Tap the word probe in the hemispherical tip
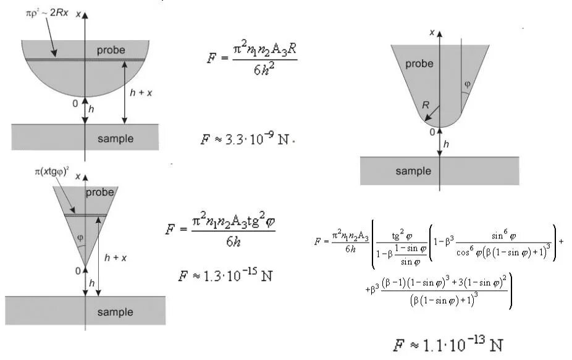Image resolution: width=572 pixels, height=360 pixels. pyautogui.click(x=111, y=49)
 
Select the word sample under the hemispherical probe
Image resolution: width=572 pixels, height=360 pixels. pyautogui.click(x=115, y=138)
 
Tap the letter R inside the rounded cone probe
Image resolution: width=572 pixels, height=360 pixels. pyautogui.click(x=426, y=106)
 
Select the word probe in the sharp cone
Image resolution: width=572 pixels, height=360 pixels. pyautogui.click(x=100, y=192)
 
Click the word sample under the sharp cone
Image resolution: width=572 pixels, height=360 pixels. pyautogui.click(x=115, y=312)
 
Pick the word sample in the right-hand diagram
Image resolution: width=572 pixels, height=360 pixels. pyautogui.click(x=413, y=171)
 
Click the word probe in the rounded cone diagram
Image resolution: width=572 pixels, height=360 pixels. pyautogui.click(x=419, y=64)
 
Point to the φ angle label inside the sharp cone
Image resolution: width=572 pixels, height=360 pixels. pyautogui.click(x=79, y=238)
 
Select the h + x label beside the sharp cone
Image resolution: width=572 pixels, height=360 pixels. pyautogui.click(x=116, y=258)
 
